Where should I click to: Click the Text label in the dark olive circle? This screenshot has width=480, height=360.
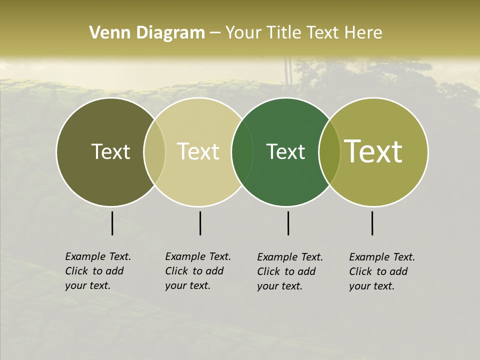coord(110,151)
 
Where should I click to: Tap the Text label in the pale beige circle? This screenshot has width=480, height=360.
coord(198,151)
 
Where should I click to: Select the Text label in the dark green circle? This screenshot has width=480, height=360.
coord(285,151)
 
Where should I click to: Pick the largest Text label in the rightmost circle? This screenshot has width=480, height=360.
coord(373,151)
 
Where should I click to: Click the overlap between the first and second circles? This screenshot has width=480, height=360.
coord(154,152)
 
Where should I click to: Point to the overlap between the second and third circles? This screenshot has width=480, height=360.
coord(242,152)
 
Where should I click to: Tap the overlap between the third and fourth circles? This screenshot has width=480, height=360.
coord(329,152)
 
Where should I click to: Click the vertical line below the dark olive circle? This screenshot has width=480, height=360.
coord(112,223)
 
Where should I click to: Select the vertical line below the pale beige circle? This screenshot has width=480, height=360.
coord(200,223)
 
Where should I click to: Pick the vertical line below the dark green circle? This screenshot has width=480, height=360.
coord(288,223)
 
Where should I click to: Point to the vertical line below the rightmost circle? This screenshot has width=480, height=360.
coord(372,223)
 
